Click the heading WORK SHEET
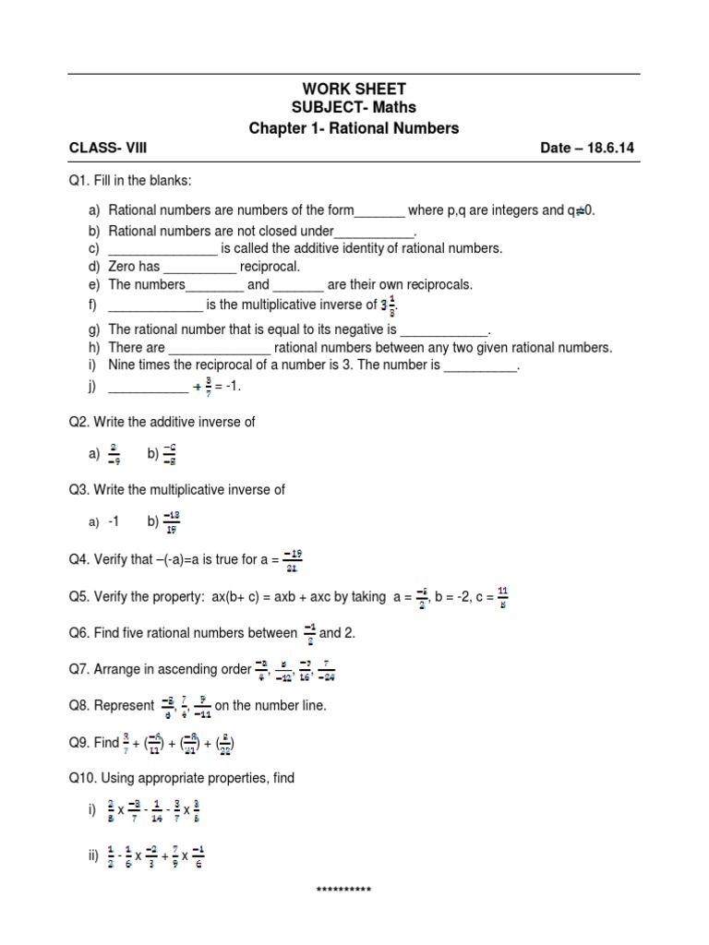pyautogui.click(x=354, y=89)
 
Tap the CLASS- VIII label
pyautogui.click(x=108, y=147)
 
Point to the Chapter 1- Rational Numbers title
pyautogui.click(x=354, y=128)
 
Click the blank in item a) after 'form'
pyautogui.click(x=379, y=211)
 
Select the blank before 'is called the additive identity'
pyautogui.click(x=162, y=249)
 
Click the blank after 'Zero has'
pyautogui.click(x=199, y=267)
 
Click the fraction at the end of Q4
pyautogui.click(x=293, y=559)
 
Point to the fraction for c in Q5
pyautogui.click(x=502, y=597)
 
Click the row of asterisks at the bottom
pyautogui.click(x=342, y=891)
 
